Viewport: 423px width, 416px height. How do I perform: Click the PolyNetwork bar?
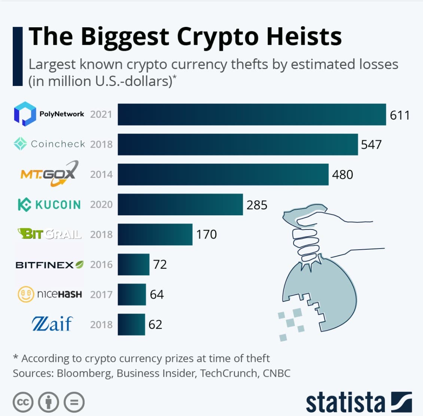tap(252, 114)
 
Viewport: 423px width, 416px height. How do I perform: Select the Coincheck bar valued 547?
tap(238, 144)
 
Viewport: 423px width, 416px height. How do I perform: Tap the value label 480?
tap(343, 175)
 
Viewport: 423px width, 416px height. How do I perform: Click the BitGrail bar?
tap(155, 234)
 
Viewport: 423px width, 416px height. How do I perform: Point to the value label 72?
tap(160, 264)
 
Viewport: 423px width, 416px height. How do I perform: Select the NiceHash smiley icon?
tap(26, 294)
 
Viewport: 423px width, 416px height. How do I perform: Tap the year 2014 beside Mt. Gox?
tap(101, 175)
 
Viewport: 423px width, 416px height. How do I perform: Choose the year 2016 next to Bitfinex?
tap(101, 265)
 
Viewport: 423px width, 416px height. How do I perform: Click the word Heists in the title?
tap(304, 37)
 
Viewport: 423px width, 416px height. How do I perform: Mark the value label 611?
tap(399, 115)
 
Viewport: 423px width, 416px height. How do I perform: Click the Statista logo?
tap(359, 402)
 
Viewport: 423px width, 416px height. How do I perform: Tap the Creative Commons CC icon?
tap(23, 403)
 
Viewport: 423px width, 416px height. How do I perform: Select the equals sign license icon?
tap(74, 403)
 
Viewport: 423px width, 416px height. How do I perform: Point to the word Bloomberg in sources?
tap(85, 373)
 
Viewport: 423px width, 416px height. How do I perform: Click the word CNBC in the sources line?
tap(276, 373)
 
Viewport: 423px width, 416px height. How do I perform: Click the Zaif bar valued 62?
tap(131, 324)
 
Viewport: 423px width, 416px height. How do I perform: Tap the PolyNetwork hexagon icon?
tap(25, 114)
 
